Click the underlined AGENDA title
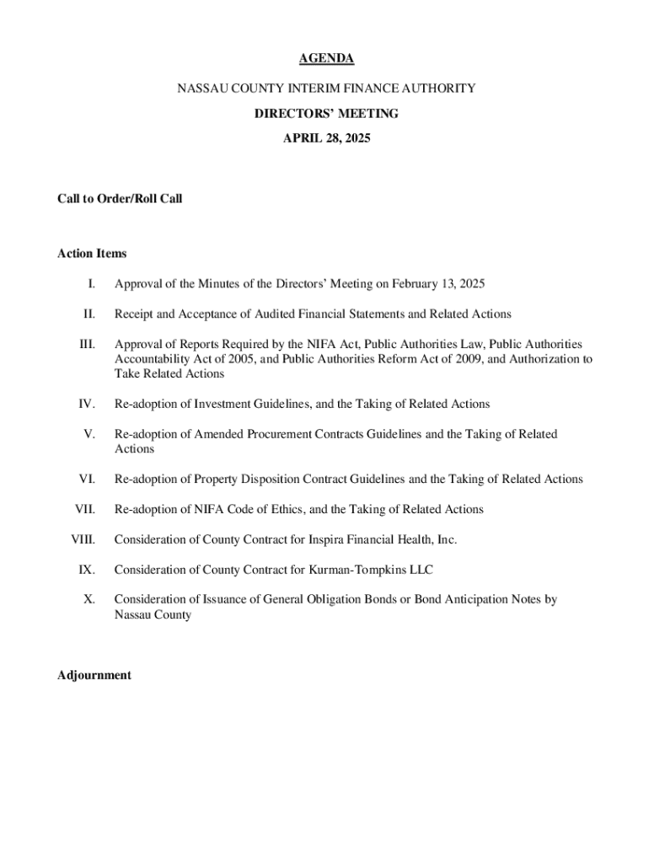[x=326, y=58]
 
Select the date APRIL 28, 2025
[x=326, y=136]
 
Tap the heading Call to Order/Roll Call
[x=120, y=199]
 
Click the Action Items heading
[x=92, y=253]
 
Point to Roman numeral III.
[x=87, y=345]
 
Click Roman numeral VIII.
[x=83, y=539]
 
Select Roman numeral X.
[x=88, y=600]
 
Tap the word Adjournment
[x=94, y=675]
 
